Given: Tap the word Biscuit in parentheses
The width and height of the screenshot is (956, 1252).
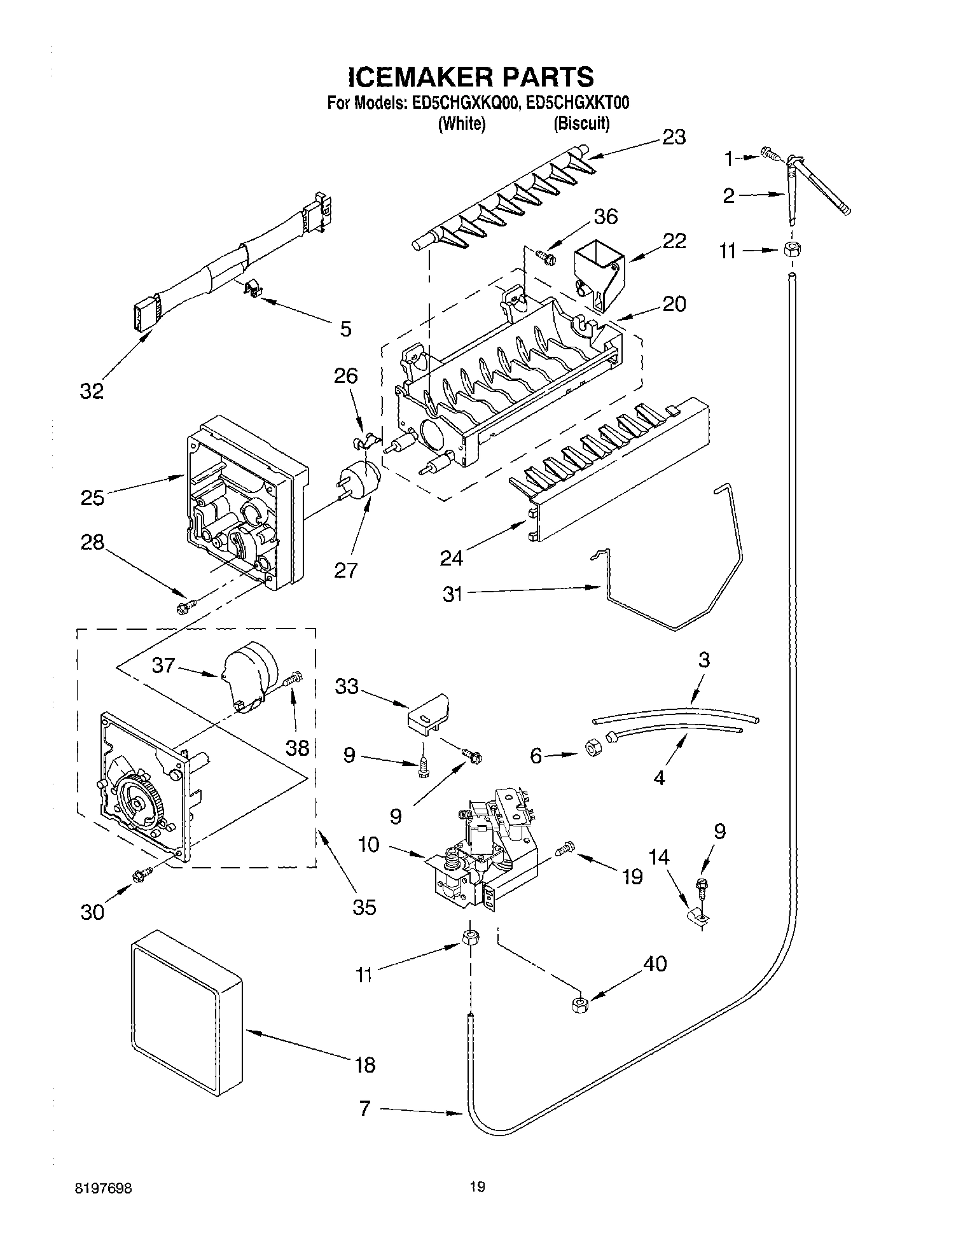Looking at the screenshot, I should (x=581, y=123).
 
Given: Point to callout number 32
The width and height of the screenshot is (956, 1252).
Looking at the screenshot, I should (x=92, y=391).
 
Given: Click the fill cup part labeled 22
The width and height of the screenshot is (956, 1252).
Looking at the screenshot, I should (x=599, y=277).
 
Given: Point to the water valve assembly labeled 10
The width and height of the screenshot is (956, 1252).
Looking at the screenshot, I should (x=483, y=852).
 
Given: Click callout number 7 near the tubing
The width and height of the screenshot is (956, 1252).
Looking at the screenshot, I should (x=364, y=1109).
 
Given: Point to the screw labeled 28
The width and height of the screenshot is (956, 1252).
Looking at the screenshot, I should (x=184, y=606).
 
